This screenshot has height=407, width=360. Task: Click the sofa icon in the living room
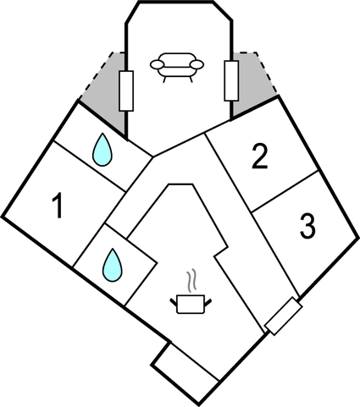pyautogui.click(x=177, y=67)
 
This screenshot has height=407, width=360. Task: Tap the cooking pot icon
pyautogui.click(x=191, y=304)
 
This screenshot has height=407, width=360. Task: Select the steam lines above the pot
pyautogui.click(x=191, y=280)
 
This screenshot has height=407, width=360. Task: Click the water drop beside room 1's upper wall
pyautogui.click(x=102, y=150)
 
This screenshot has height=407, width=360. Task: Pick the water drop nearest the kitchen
pyautogui.click(x=113, y=265)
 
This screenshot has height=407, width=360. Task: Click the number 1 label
pyautogui.click(x=58, y=206)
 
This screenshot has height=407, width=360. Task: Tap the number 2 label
pyautogui.click(x=259, y=157)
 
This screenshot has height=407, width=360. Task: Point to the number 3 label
pyautogui.click(x=307, y=226)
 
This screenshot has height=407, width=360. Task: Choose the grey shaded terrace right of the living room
pyautogui.click(x=251, y=85)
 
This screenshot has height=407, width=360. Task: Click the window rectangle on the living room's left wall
pyautogui.click(x=126, y=91)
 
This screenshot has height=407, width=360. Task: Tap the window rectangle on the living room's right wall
pyautogui.click(x=231, y=80)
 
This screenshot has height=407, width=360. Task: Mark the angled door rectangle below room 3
pyautogui.click(x=284, y=316)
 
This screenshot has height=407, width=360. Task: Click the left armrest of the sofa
pyautogui.click(x=157, y=64)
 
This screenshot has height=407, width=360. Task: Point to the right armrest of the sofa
pyautogui.click(x=197, y=64)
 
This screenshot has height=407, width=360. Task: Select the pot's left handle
pyautogui.click(x=173, y=302)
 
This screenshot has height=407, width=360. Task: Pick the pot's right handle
pyautogui.click(x=208, y=302)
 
